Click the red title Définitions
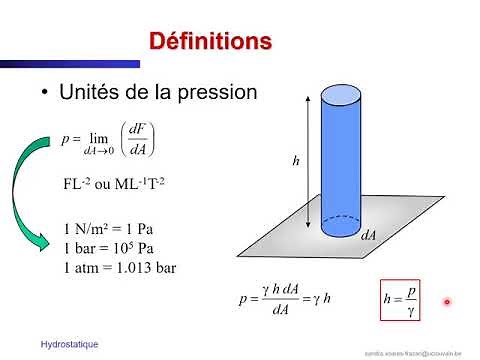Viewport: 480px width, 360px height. tap(210, 42)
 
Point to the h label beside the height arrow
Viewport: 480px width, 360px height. tap(296, 159)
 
